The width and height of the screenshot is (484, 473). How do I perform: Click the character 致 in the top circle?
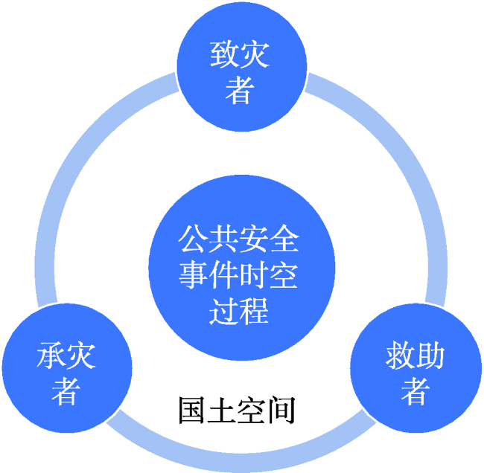pyautogui.click(x=224, y=54)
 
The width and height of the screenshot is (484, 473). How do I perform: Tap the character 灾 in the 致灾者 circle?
pyautogui.click(x=255, y=54)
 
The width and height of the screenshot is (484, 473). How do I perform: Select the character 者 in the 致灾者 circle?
pyautogui.click(x=240, y=90)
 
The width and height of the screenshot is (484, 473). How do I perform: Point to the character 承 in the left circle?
pyautogui.click(x=51, y=355)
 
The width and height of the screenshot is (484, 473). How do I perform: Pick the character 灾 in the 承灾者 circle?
pyautogui.click(x=81, y=355)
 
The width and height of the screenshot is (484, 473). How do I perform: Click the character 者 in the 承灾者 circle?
pyautogui.click(x=66, y=390)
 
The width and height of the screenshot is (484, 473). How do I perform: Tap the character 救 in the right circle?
pyautogui.click(x=400, y=355)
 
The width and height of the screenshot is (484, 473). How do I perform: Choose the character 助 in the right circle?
pyautogui.click(x=430, y=355)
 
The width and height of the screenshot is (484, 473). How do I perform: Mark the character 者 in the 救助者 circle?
pyautogui.click(x=415, y=390)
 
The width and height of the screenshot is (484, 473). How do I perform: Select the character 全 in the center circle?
pyautogui.click(x=284, y=239)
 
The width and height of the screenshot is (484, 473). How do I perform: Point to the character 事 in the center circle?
pyautogui.click(x=194, y=274)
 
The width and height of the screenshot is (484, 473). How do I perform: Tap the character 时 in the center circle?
pyautogui.click(x=254, y=274)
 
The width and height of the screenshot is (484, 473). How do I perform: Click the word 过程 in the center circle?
pyautogui.click(x=239, y=310)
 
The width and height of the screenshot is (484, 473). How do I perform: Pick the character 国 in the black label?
pyautogui.click(x=191, y=410)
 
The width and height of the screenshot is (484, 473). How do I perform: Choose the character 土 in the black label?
pyautogui.click(x=221, y=410)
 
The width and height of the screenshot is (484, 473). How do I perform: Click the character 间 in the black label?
pyautogui.click(x=281, y=410)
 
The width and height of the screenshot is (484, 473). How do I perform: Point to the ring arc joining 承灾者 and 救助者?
pyautogui.click(x=241, y=463)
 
